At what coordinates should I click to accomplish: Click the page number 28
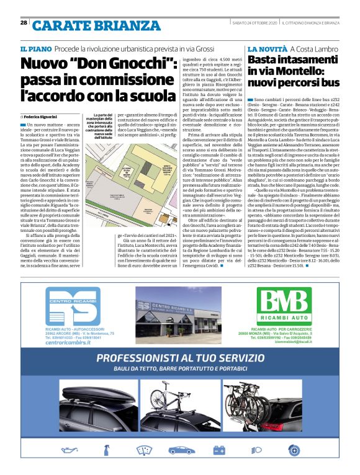[x=23, y=23]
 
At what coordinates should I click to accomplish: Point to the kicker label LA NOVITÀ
[x=267, y=48]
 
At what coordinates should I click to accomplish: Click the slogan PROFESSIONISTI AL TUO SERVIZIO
[x=181, y=358]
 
